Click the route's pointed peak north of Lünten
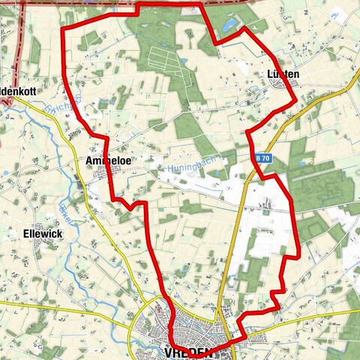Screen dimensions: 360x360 click(x=241, y=28)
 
